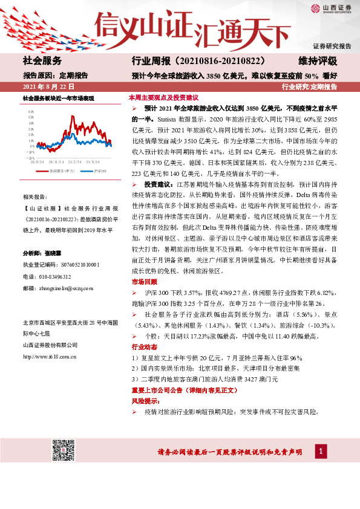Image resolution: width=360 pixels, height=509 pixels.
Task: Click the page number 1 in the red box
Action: click(x=322, y=452)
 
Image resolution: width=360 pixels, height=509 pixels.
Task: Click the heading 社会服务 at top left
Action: click(x=42, y=60)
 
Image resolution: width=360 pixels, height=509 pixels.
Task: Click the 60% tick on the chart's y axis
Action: click(x=30, y=112)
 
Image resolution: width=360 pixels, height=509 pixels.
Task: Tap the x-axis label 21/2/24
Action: click(x=75, y=161)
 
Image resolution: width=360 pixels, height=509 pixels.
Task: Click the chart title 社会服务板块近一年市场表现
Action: click(x=59, y=98)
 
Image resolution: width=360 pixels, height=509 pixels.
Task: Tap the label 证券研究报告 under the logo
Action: click(x=332, y=46)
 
